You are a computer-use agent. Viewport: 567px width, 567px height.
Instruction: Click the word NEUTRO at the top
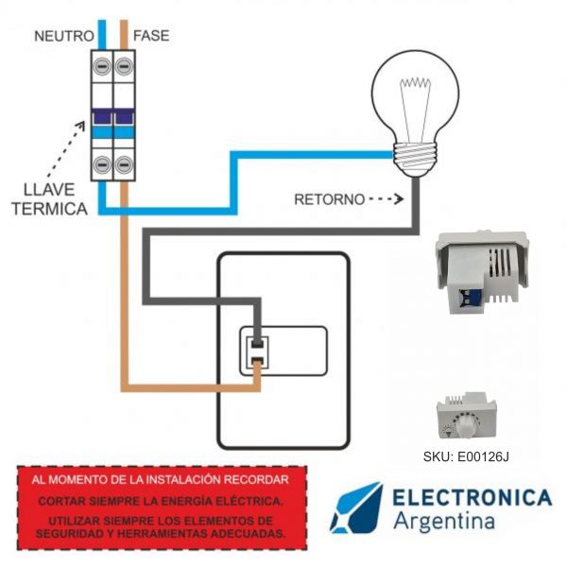click(63, 36)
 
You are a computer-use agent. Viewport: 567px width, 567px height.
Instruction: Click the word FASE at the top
click(151, 36)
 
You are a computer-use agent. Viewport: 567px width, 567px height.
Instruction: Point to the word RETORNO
click(329, 199)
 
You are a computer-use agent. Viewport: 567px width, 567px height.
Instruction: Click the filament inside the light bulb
click(415, 94)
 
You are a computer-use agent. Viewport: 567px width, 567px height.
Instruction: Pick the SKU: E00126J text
click(466, 457)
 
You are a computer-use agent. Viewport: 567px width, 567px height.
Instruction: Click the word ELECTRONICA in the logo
click(472, 497)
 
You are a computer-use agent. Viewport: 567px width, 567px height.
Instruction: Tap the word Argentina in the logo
click(444, 522)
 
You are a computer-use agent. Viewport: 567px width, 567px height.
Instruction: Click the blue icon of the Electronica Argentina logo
click(355, 507)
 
